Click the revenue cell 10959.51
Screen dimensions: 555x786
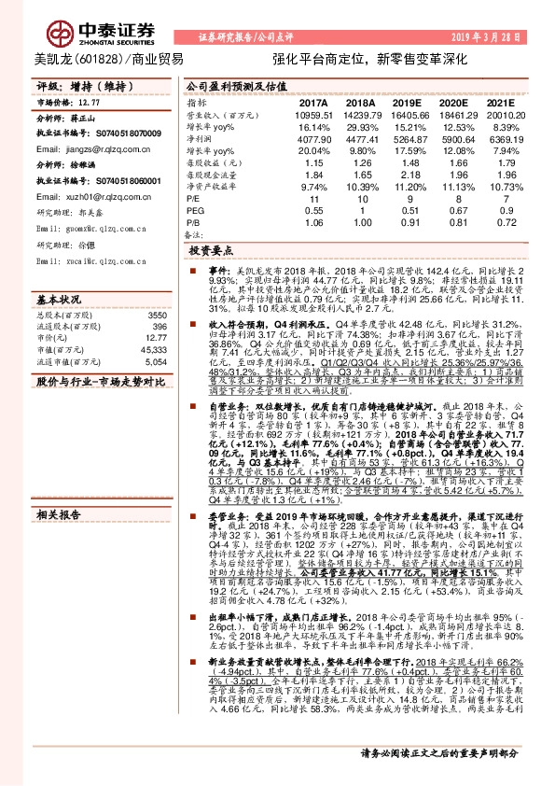(313, 114)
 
